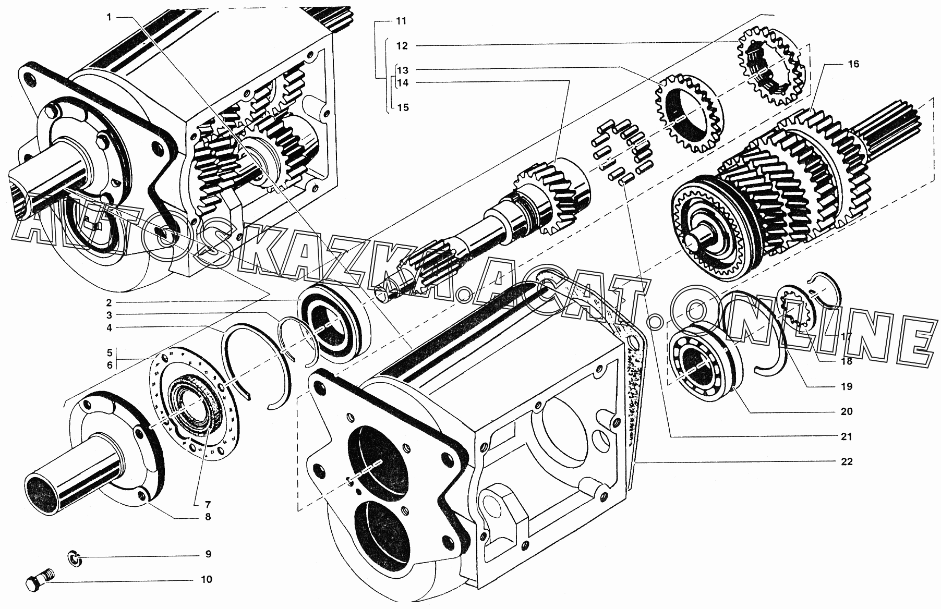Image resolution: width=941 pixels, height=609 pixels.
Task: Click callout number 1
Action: tap(109, 17)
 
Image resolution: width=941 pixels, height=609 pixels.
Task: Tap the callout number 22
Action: tap(846, 461)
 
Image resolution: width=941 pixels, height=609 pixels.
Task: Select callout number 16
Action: tap(853, 64)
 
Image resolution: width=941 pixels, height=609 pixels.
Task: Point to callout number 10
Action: tap(207, 579)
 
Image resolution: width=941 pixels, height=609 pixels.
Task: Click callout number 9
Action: tap(208, 554)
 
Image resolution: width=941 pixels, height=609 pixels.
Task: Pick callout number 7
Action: tap(208, 504)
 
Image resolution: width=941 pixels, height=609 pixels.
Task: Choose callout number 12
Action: tap(402, 46)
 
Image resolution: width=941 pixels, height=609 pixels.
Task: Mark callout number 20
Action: tap(846, 411)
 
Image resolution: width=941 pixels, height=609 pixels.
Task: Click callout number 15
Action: tap(403, 108)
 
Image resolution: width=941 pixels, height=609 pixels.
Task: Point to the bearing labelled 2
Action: tap(334, 324)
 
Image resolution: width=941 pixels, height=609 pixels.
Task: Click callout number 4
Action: tap(109, 327)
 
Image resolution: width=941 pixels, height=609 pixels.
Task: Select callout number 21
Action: tap(846, 436)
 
